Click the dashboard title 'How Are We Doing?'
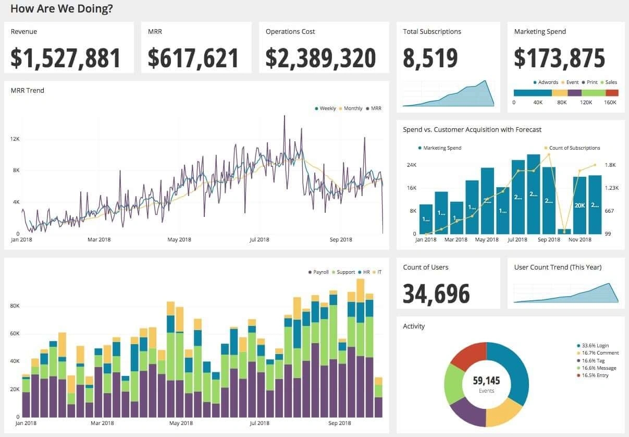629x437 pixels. click(61, 9)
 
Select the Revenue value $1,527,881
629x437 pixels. click(66, 58)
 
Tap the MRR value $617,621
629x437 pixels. click(193, 58)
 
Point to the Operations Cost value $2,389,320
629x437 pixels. click(320, 58)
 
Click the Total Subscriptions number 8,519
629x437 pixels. click(430, 58)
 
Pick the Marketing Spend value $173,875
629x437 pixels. click(559, 58)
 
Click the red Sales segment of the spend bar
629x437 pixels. click(612, 93)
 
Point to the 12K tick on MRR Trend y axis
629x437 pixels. click(15, 139)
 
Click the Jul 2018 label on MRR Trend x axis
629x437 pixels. click(259, 240)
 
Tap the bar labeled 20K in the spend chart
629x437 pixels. click(579, 205)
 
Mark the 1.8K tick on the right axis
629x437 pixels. click(610, 165)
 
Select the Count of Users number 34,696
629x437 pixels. click(436, 294)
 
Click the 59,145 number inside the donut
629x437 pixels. click(486, 381)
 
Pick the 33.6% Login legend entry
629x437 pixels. click(596, 346)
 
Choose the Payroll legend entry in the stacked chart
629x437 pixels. click(320, 272)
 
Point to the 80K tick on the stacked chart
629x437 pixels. click(15, 306)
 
